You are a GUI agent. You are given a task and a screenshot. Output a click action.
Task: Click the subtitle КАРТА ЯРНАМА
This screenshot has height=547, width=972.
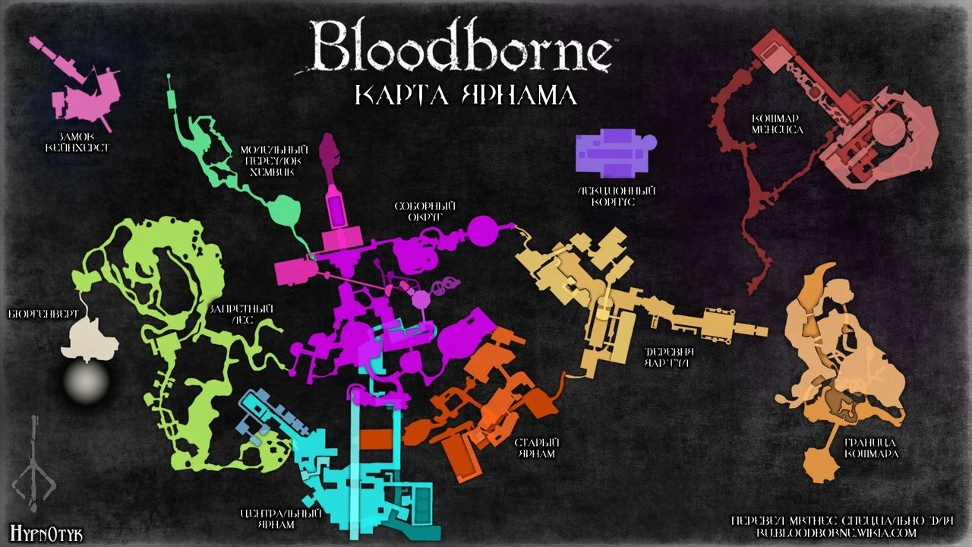(465, 96)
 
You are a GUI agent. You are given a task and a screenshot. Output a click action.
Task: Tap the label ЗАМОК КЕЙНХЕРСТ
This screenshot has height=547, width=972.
(77, 142)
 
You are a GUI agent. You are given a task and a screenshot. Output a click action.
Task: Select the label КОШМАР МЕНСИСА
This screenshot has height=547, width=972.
(777, 125)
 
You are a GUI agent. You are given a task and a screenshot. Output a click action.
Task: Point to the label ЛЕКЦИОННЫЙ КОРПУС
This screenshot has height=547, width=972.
(615, 197)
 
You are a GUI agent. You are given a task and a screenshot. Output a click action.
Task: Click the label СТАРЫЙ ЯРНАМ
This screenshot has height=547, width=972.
(536, 447)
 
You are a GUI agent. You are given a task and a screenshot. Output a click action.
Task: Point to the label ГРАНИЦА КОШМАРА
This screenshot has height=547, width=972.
(871, 448)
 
